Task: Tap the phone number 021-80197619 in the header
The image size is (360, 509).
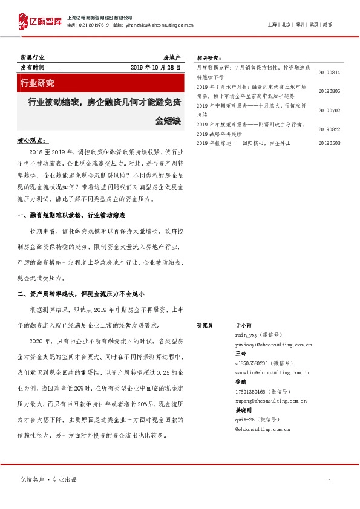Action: (94, 25)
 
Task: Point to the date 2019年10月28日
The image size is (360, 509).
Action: (156, 68)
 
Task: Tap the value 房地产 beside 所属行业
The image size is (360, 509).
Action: (172, 56)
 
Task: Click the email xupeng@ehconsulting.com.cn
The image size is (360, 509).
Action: (270, 401)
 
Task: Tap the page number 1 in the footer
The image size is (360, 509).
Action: (330, 481)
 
